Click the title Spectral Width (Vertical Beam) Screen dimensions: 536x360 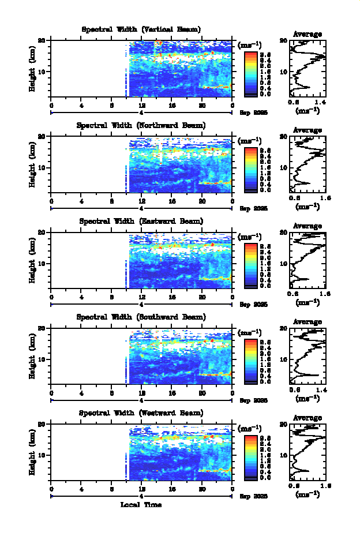(x=141, y=29)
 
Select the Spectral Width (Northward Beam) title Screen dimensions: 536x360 (x=141, y=125)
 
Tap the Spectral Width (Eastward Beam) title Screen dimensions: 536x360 (x=141, y=221)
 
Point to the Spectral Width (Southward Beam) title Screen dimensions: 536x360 (x=141, y=317)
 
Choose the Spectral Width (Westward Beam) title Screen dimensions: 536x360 (x=141, y=413)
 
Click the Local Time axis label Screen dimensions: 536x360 (x=141, y=505)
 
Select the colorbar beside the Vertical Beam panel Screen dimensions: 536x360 (x=250, y=73)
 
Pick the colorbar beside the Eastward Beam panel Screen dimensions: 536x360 (x=250, y=264)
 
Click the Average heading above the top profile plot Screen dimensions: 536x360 (x=307, y=34)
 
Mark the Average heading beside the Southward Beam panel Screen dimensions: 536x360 (x=307, y=321)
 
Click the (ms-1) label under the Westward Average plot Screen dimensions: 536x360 (x=307, y=494)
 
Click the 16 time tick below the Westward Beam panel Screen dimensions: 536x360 (x=172, y=488)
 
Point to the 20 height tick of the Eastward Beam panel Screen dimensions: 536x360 (x=42, y=232)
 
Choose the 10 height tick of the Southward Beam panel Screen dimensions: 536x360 (x=42, y=359)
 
